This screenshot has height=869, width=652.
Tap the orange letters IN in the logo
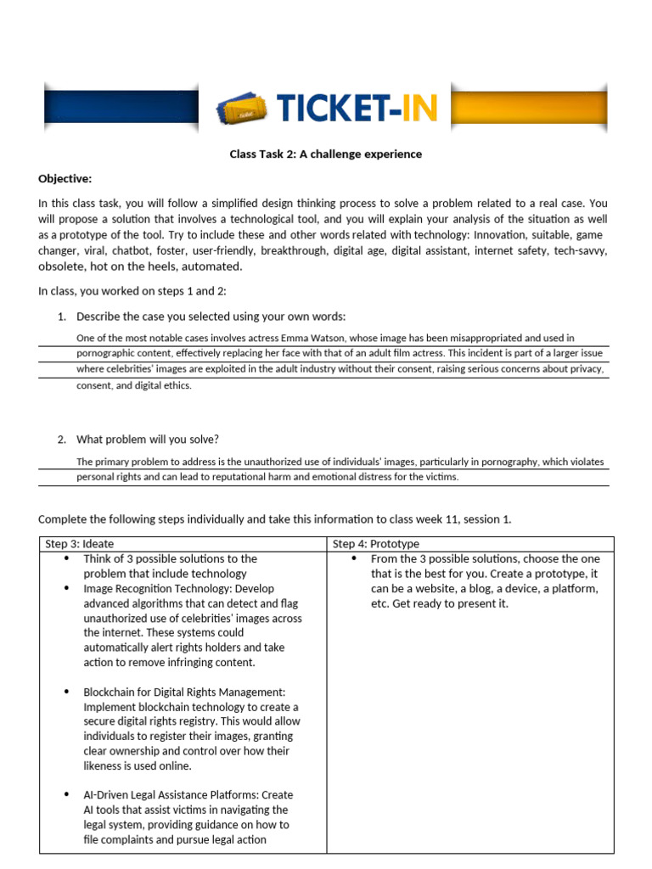pyautogui.click(x=419, y=108)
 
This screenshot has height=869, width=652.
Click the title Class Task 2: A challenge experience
pyautogui.click(x=326, y=154)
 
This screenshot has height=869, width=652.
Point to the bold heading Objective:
pyautogui.click(x=65, y=178)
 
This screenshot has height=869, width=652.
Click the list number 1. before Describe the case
pyautogui.click(x=61, y=317)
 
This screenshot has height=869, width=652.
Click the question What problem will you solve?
pyautogui.click(x=148, y=440)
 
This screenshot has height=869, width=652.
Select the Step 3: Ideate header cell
pyautogui.click(x=183, y=544)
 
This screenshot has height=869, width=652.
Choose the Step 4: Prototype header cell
pyautogui.click(x=469, y=544)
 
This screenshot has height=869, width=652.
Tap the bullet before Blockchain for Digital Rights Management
pyautogui.click(x=66, y=692)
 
